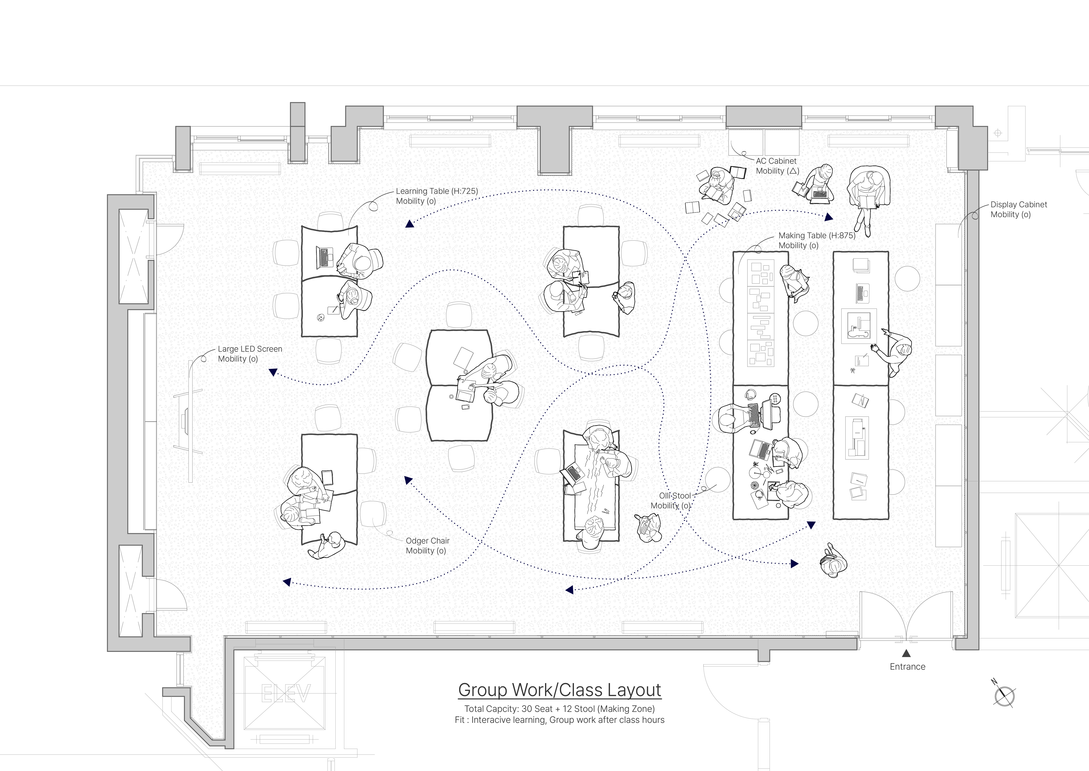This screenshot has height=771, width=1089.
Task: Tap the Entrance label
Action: [x=907, y=667]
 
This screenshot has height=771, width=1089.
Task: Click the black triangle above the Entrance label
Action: [x=906, y=653]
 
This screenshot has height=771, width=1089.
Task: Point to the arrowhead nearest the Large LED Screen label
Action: [x=273, y=372]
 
